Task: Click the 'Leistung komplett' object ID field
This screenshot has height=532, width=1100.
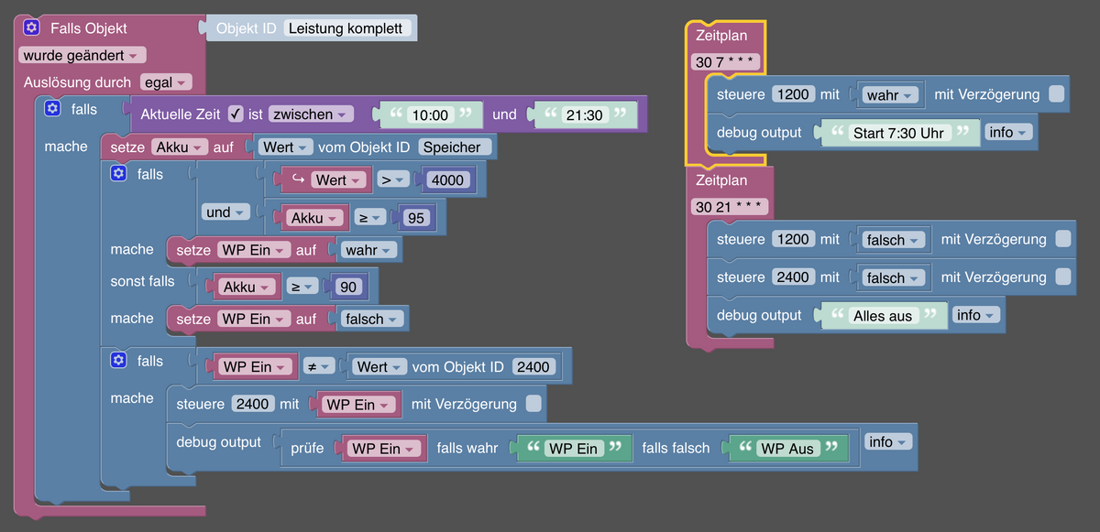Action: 346,28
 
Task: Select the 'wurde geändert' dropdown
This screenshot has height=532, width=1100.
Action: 82,55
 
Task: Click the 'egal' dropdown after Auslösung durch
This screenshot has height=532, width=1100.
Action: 165,82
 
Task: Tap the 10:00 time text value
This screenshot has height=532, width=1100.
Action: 430,114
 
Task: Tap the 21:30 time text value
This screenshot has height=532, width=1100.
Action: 585,114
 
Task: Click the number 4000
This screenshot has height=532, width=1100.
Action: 446,179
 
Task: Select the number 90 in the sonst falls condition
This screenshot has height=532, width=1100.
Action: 348,287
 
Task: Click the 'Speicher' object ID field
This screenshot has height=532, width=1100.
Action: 456,147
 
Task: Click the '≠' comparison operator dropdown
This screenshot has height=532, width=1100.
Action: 318,366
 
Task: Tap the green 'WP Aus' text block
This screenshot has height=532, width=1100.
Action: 787,449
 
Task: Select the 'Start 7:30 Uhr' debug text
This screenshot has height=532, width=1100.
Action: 897,133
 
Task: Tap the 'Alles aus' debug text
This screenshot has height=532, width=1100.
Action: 882,315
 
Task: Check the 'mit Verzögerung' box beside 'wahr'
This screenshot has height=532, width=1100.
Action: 1056,94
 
